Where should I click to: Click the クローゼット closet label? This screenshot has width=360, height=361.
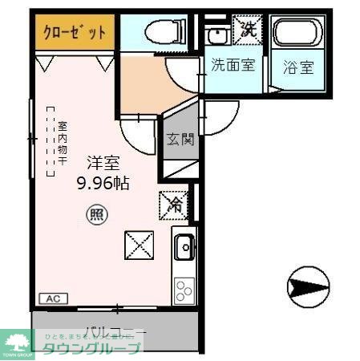point(75,34)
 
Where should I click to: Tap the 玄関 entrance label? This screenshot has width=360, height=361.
point(180,140)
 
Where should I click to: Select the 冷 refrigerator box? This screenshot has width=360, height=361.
point(174,205)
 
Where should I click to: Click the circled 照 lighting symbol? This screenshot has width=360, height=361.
point(95,214)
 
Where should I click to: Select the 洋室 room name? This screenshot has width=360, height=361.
point(103,162)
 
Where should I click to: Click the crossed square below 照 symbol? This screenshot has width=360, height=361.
point(139,245)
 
